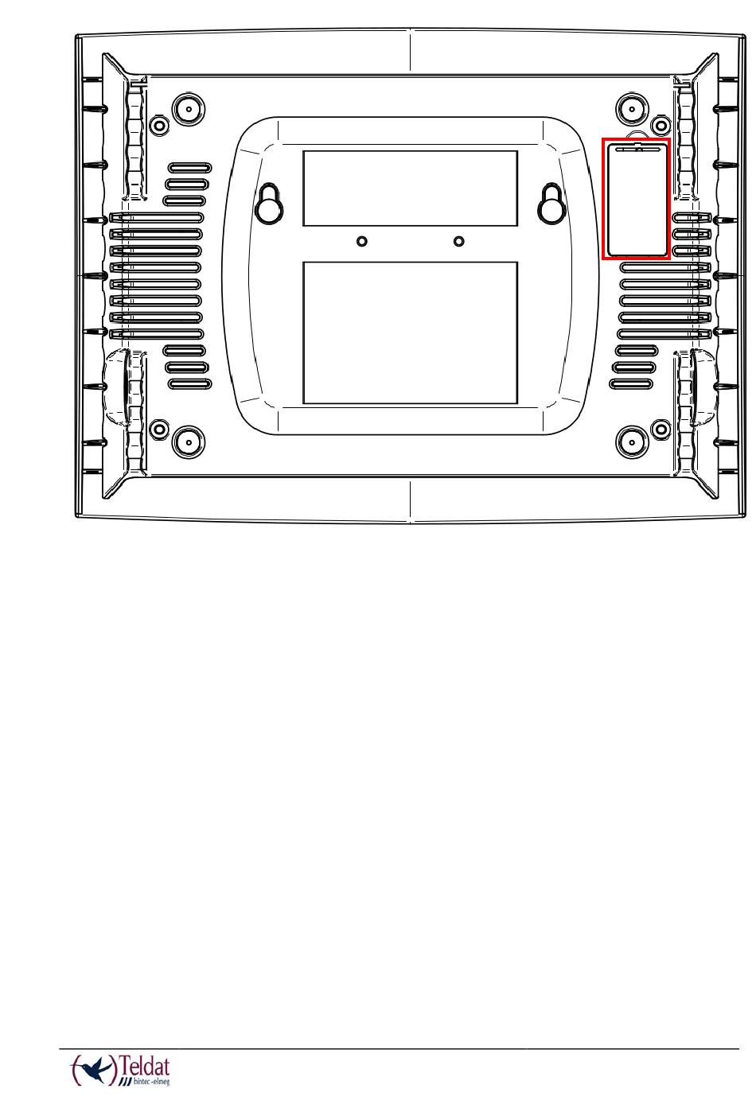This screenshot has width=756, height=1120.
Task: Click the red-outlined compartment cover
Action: click(636, 198)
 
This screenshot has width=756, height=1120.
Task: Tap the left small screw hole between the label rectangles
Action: click(362, 241)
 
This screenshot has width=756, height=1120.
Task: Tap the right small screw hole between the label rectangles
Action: click(458, 241)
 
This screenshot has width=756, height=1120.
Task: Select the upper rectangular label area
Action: click(410, 188)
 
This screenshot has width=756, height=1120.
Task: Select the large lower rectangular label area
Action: click(410, 332)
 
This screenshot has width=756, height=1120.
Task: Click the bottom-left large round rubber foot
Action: click(189, 438)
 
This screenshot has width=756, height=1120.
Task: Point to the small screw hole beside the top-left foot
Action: click(159, 125)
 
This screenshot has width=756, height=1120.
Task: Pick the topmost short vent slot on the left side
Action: click(189, 168)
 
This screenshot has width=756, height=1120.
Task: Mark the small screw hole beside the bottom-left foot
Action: click(159, 430)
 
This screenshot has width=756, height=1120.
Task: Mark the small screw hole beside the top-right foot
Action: click(660, 125)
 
